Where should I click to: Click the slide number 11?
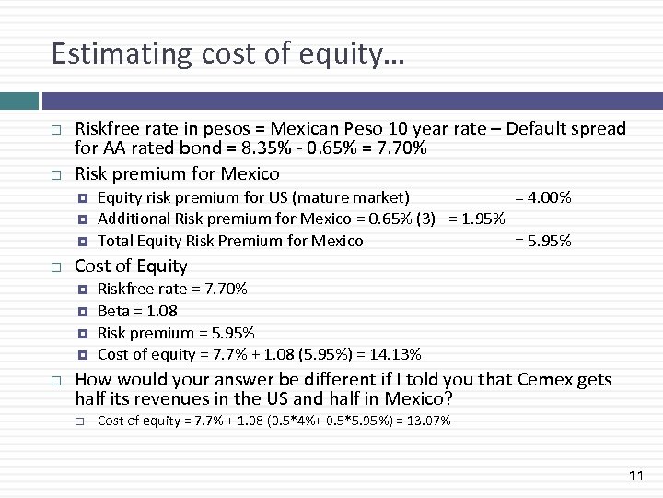click(x=635, y=476)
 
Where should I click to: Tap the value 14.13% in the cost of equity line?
click(x=397, y=354)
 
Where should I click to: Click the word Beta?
click(x=113, y=311)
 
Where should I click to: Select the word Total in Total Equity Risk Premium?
click(x=116, y=241)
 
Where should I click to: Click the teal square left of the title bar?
click(x=18, y=101)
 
